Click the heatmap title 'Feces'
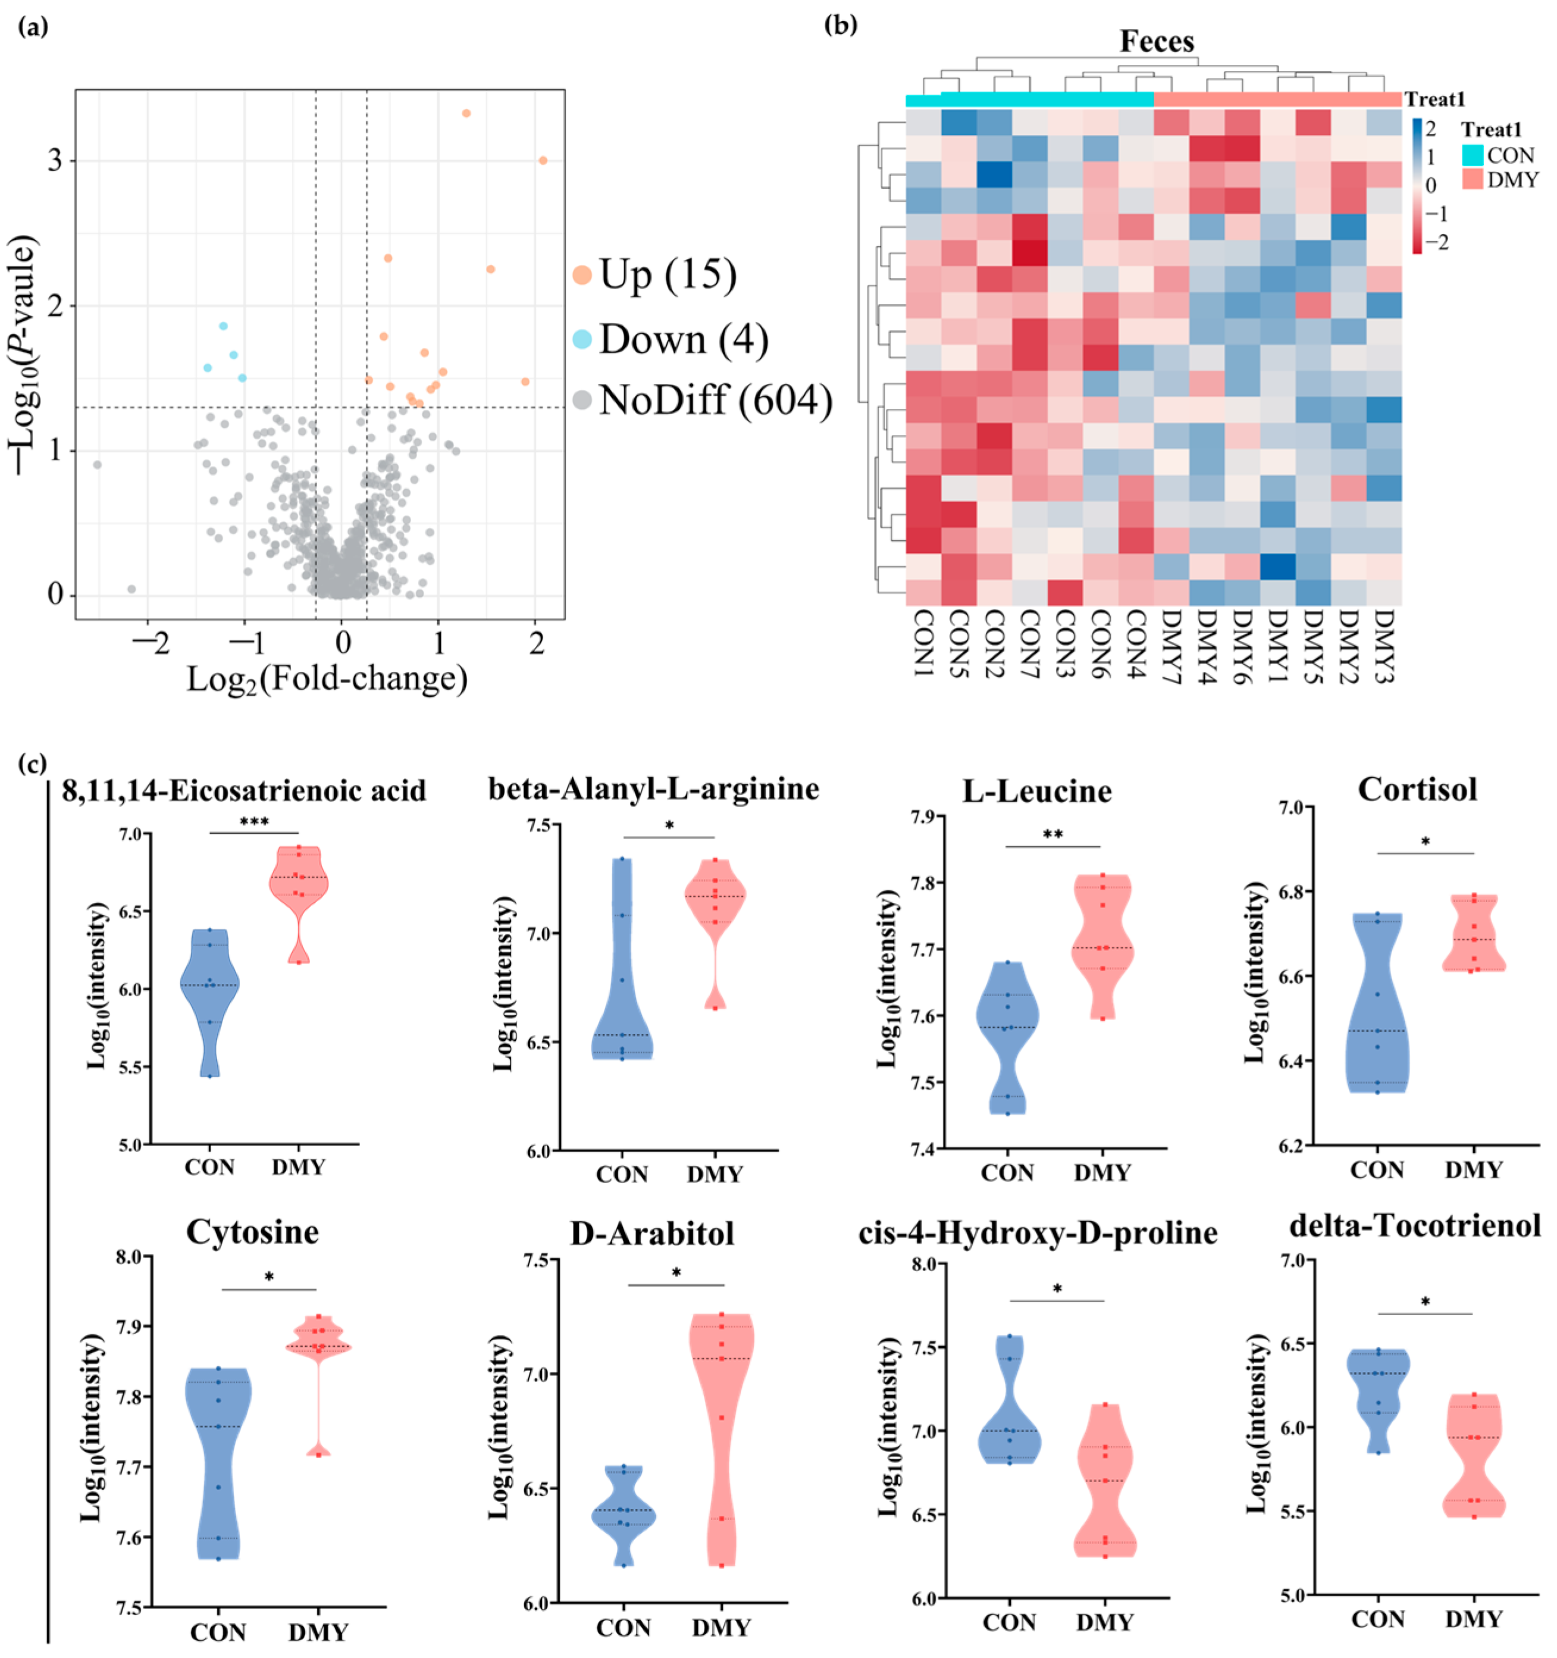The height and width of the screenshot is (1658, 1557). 1156,42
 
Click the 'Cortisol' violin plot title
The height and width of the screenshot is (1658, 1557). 1417,789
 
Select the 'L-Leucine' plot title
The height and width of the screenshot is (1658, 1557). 1036,791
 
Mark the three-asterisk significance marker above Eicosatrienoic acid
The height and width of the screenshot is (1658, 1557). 255,822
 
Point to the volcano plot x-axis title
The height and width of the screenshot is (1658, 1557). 327,679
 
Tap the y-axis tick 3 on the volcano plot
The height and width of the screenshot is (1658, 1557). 56,160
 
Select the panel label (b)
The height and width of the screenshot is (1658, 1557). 840,26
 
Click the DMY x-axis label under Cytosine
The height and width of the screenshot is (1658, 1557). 318,1632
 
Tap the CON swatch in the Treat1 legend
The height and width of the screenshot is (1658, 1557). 1472,155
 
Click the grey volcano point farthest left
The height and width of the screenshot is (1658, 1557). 98,465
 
